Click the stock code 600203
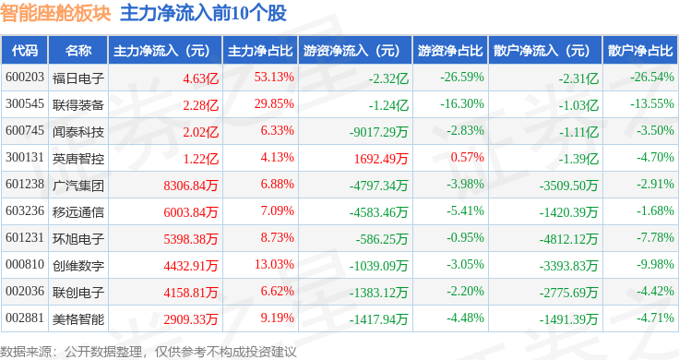pos(24,77)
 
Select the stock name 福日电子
pos(78,77)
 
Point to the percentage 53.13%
pos(275,77)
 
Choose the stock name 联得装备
pos(78,104)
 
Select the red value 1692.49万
pos(381,159)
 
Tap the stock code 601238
pos(24,185)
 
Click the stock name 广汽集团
pos(78,185)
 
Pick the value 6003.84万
pos(190,212)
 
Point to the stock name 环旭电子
pos(78,239)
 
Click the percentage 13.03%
pos(275,266)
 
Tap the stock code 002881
pos(24,319)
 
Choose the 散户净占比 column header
pos(639,50)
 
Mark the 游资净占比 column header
pos(449,50)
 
